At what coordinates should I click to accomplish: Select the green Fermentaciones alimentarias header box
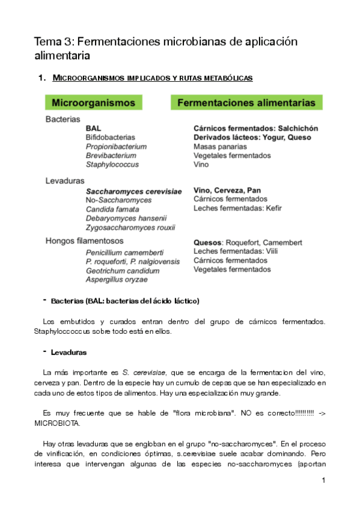pyautogui.click(x=246, y=103)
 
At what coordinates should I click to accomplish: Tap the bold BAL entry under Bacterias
pyautogui.click(x=93, y=129)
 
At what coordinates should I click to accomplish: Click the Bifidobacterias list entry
pyautogui.click(x=110, y=138)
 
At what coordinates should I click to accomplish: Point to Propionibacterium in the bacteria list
pyautogui.click(x=116, y=146)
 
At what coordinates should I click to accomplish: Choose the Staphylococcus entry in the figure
pyautogui.click(x=112, y=164)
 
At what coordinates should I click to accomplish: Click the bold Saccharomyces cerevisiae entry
pyautogui.click(x=133, y=191)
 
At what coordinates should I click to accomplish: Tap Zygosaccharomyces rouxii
pyautogui.click(x=130, y=227)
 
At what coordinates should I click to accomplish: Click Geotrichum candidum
pyautogui.click(x=123, y=271)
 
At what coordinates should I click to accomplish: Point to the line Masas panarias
pyautogui.click(x=220, y=146)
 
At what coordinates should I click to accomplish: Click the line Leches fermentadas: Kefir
pyautogui.click(x=237, y=208)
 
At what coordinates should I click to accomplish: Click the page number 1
pyautogui.click(x=323, y=481)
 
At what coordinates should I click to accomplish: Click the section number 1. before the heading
pyautogui.click(x=41, y=78)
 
